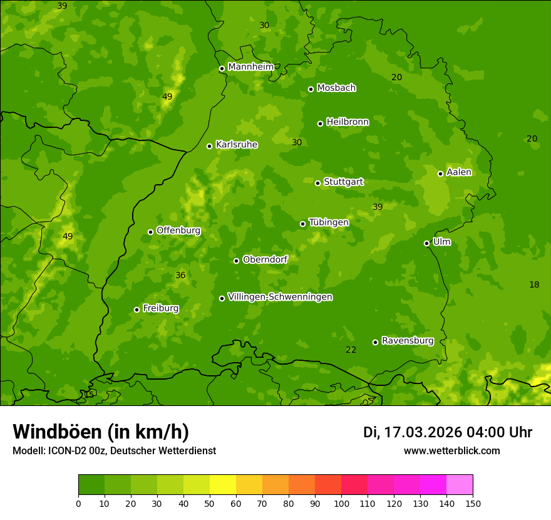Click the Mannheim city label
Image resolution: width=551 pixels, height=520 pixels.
point(250,67)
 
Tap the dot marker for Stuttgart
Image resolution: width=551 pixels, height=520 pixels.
point(317,183)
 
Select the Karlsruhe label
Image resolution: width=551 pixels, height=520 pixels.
point(236,145)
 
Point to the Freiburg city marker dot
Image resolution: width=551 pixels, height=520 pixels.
point(136,309)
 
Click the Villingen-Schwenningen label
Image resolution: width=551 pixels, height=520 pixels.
point(280,297)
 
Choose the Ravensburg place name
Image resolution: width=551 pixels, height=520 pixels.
point(407,341)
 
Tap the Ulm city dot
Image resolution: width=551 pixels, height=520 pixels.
point(426,243)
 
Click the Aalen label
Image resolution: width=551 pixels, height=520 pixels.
point(458,172)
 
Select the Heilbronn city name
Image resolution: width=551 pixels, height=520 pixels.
point(347,122)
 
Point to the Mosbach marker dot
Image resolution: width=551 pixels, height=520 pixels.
point(311,89)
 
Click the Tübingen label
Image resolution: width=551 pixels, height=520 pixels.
point(328,222)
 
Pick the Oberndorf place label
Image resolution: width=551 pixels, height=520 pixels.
point(265,259)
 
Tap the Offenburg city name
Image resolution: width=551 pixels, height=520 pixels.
point(178,231)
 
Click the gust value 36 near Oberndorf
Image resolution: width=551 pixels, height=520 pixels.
point(180,276)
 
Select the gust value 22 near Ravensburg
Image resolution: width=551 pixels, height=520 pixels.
point(351,350)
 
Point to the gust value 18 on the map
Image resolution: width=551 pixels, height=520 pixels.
point(534,285)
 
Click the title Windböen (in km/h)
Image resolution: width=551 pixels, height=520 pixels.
point(101,432)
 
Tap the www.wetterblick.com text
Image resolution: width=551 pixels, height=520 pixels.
point(451,451)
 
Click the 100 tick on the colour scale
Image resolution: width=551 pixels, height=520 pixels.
point(341,503)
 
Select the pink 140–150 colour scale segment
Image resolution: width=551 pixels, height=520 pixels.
point(460,485)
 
